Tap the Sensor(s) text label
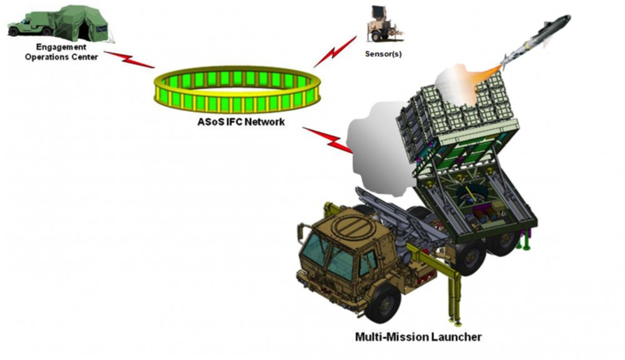point(383,54)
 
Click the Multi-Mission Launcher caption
point(418,337)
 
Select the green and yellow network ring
point(237,89)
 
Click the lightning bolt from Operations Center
point(129,60)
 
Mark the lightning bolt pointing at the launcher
point(327,139)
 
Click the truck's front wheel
point(382,302)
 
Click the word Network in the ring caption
point(264,122)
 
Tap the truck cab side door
point(367,266)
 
